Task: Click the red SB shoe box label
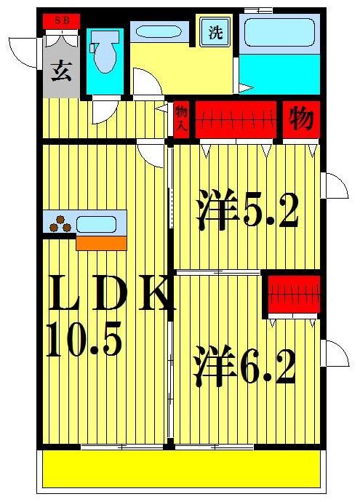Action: (61, 20)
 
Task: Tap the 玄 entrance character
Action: (61, 72)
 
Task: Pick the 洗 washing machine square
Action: (216, 33)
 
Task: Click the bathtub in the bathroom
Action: (278, 33)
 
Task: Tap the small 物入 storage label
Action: (181, 119)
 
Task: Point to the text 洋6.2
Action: (244, 368)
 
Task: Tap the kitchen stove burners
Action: (60, 224)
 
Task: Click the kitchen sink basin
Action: (96, 223)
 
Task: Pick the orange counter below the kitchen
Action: (101, 243)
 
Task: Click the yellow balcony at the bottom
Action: (181, 469)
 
